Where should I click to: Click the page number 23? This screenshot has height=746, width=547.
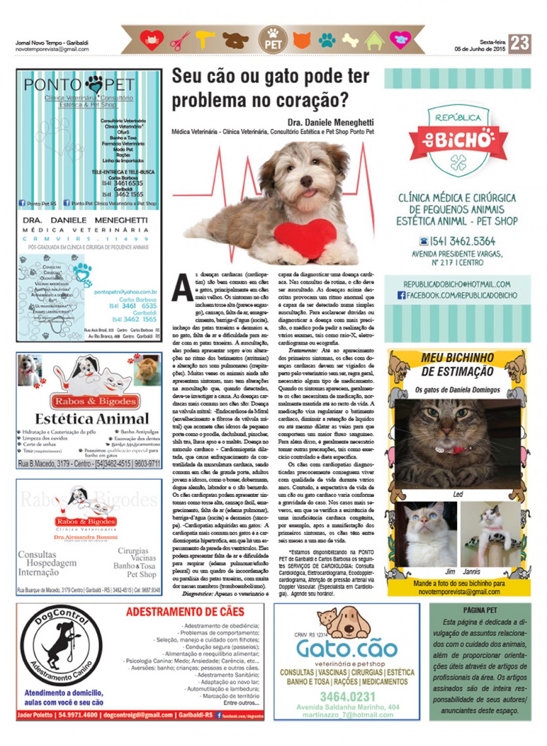tap(519, 43)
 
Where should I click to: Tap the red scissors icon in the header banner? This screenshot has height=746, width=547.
tap(180, 40)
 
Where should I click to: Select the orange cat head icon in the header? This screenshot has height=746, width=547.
tap(302, 40)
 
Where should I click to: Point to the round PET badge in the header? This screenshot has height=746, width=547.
tap(272, 40)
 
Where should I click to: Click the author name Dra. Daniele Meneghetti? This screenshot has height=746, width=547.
tap(330, 123)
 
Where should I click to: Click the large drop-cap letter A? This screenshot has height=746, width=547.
tap(182, 287)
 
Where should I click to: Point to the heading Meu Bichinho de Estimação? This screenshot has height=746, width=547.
tap(457, 364)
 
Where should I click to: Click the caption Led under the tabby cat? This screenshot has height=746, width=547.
tap(458, 494)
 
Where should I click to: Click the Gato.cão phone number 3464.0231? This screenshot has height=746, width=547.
tap(347, 696)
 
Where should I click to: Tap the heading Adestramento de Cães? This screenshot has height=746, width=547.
tap(185, 612)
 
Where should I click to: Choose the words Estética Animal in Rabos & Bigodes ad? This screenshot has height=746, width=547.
tap(92, 418)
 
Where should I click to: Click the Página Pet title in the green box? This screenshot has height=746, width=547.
tap(480, 610)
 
